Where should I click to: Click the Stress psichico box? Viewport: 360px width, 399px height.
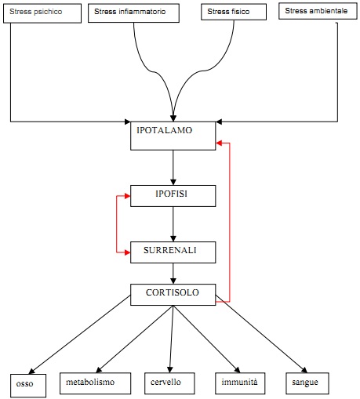click(x=42, y=13)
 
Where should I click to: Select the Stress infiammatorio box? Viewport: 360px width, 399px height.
click(x=133, y=13)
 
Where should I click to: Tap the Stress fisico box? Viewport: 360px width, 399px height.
click(x=234, y=12)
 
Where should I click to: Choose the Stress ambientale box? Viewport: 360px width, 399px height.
click(x=318, y=11)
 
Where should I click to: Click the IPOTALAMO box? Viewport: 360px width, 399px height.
click(x=173, y=136)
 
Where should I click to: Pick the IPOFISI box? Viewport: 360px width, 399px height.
click(x=173, y=196)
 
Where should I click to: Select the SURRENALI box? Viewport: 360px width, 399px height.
click(x=173, y=252)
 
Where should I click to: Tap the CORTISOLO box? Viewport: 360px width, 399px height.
click(x=173, y=295)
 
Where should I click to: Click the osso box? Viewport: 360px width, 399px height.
click(x=28, y=386)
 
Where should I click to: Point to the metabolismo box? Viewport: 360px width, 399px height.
click(x=95, y=383)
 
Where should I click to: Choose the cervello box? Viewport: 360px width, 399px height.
click(x=169, y=383)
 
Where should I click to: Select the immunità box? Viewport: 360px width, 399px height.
click(x=240, y=383)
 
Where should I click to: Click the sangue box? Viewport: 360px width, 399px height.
click(x=307, y=383)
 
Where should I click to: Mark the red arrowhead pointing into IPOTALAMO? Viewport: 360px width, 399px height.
click(x=219, y=143)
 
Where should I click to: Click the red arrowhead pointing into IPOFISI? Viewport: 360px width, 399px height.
click(x=127, y=196)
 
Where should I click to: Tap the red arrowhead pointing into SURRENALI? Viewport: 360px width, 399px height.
click(x=127, y=252)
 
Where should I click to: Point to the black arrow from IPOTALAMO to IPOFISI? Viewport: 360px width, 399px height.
click(x=173, y=168)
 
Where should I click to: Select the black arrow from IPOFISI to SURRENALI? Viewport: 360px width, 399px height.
click(x=173, y=224)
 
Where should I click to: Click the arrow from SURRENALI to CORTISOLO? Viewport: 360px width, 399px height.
click(x=173, y=274)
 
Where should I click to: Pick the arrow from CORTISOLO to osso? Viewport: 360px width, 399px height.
click(x=79, y=335)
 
